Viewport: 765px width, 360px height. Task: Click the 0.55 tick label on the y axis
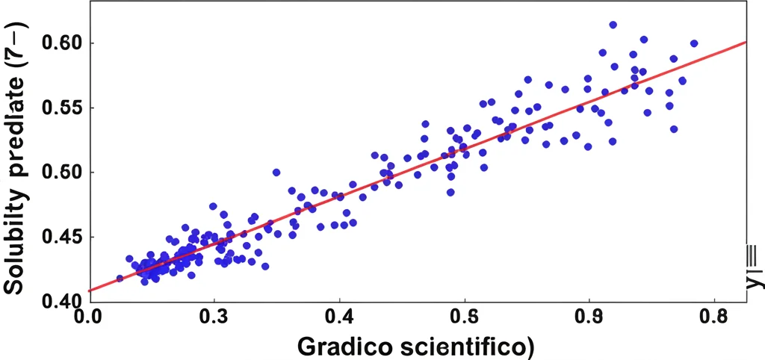click(x=61, y=108)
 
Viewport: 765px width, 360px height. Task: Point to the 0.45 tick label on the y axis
click(x=61, y=238)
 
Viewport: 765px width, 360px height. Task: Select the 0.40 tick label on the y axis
click(x=61, y=302)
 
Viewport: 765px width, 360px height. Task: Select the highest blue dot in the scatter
click(x=613, y=25)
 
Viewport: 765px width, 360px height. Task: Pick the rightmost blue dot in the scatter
click(x=694, y=43)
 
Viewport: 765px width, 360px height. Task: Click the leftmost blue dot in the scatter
click(x=120, y=279)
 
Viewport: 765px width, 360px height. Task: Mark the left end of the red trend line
click(x=89, y=291)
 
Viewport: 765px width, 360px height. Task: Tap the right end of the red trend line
click(x=746, y=42)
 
